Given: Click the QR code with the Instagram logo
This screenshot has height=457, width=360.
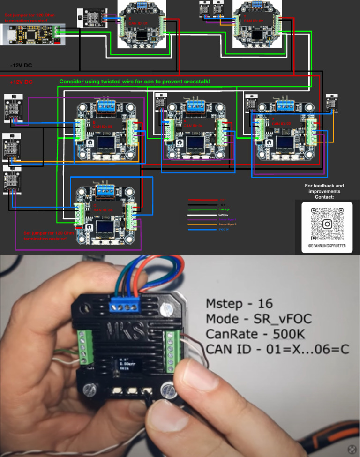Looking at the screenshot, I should tap(327, 224).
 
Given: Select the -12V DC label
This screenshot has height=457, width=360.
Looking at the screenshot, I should tap(22, 65).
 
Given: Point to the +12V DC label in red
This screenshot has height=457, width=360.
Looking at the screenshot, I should tap(22, 82).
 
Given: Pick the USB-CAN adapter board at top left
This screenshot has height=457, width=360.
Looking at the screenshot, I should tap(33, 34).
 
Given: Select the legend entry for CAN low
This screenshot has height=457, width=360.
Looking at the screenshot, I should tap(225, 214).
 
